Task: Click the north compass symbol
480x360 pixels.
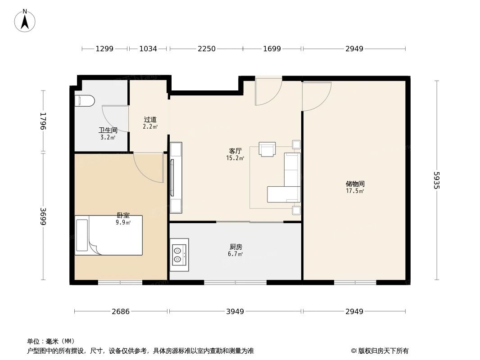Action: (x=25, y=20)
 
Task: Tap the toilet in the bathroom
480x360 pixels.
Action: (x=84, y=100)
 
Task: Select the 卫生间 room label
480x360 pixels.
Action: (x=108, y=130)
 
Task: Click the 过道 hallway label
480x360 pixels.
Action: (x=150, y=120)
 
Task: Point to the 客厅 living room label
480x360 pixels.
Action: (x=235, y=151)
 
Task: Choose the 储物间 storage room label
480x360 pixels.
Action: (x=355, y=184)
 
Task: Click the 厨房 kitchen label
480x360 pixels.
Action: (x=235, y=247)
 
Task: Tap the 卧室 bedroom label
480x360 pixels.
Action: (x=123, y=216)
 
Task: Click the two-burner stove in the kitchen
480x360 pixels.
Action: (x=179, y=255)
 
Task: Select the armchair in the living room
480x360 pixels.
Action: (x=267, y=149)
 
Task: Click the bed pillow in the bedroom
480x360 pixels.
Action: (x=82, y=235)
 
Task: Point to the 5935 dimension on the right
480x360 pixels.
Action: (x=435, y=180)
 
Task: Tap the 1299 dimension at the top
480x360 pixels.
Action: (x=104, y=49)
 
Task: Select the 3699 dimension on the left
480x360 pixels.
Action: (x=43, y=216)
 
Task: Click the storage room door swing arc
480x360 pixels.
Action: (x=317, y=96)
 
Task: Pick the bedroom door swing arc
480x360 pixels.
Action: (x=149, y=168)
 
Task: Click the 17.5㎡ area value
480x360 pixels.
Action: (x=355, y=191)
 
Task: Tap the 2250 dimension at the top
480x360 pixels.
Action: (x=207, y=49)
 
